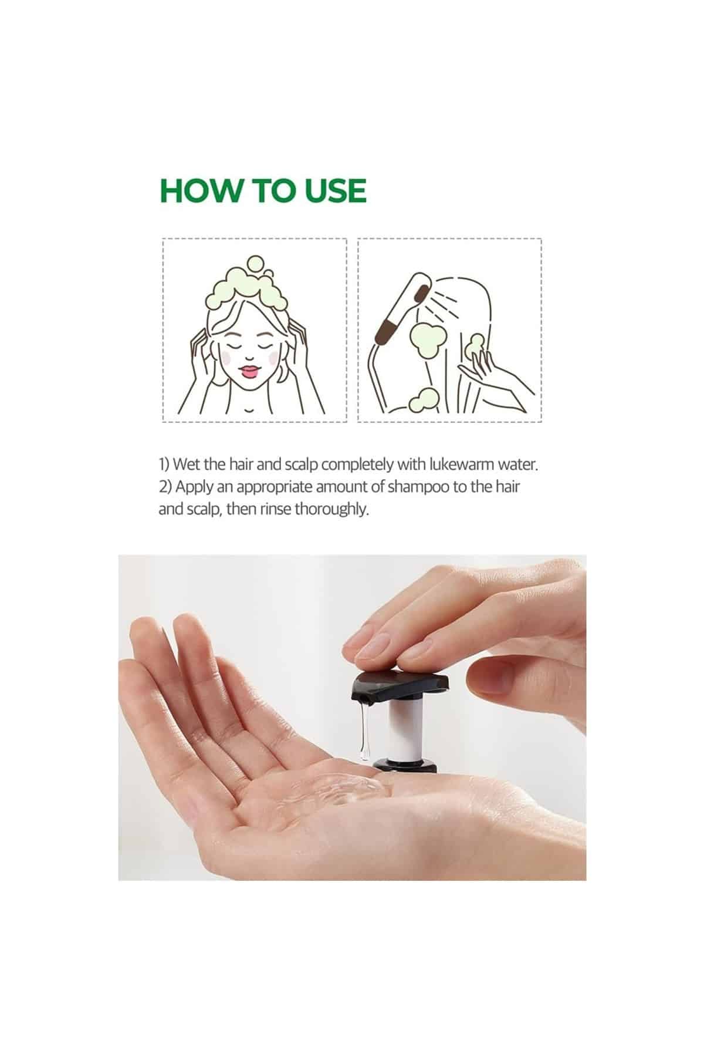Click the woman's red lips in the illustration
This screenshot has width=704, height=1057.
pyautogui.click(x=251, y=371)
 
